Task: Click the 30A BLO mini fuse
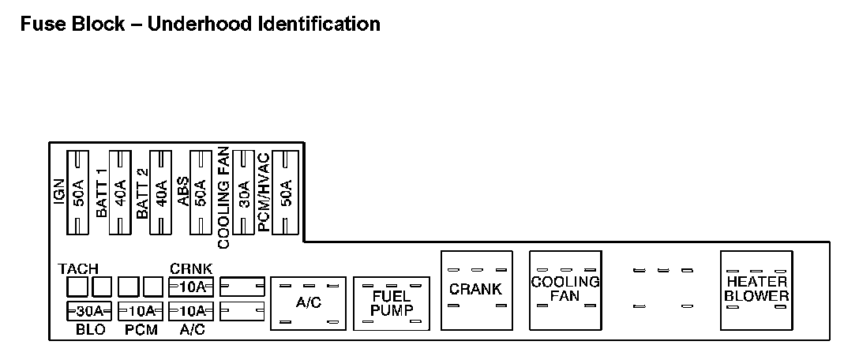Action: click(x=89, y=309)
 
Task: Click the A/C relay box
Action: click(x=307, y=303)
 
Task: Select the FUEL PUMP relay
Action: click(x=392, y=303)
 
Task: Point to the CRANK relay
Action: click(x=476, y=290)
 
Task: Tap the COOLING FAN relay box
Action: click(x=565, y=290)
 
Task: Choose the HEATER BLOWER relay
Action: click(x=756, y=290)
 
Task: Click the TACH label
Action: click(x=78, y=268)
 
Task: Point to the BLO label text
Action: click(x=90, y=330)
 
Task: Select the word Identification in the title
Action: click(x=319, y=24)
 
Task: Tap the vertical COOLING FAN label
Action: click(x=223, y=197)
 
